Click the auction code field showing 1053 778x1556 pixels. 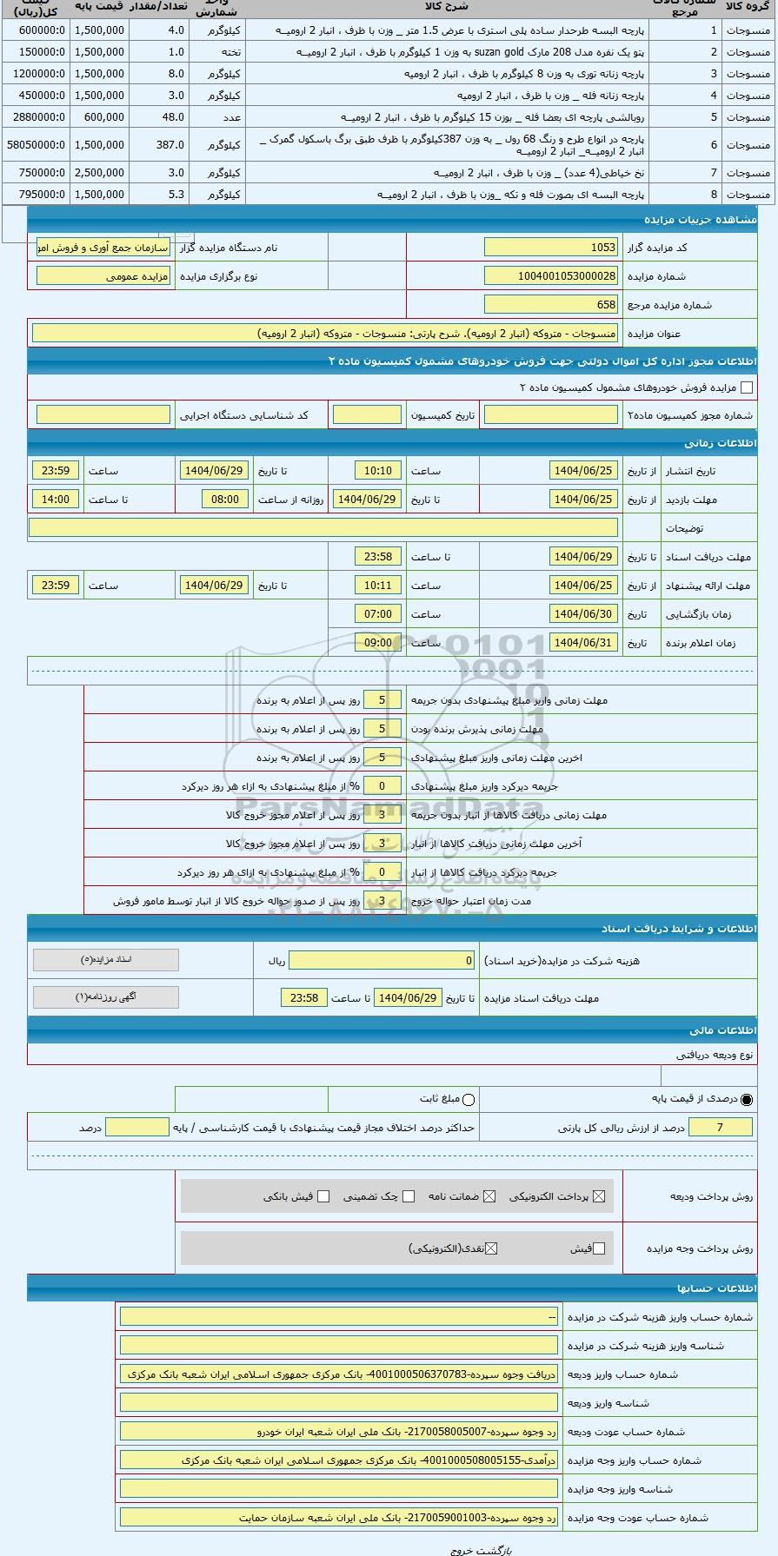550,248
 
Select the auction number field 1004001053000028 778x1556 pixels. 550,276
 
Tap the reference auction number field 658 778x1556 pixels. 550,305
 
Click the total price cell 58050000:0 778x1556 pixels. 36,145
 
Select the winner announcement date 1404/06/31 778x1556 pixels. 583,643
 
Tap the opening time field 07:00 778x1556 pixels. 378,614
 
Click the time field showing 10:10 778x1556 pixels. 378,471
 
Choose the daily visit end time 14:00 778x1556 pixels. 56,500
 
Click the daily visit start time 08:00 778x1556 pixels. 225,500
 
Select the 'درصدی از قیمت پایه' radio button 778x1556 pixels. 747,1099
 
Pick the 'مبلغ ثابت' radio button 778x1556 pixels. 469,1099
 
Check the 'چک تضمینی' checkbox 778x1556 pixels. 409,1196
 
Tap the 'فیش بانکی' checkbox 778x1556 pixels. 323,1196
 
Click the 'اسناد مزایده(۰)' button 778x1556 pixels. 106,960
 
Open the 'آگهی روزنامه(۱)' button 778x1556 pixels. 106,997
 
